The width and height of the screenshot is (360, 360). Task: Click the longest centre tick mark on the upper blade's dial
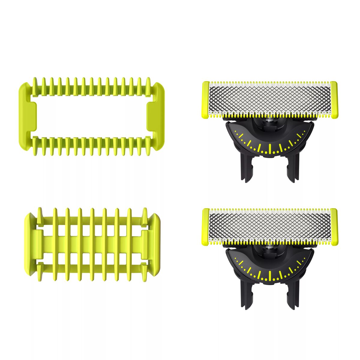(x=270, y=148)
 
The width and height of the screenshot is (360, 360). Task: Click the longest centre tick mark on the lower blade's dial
(x=270, y=275)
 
